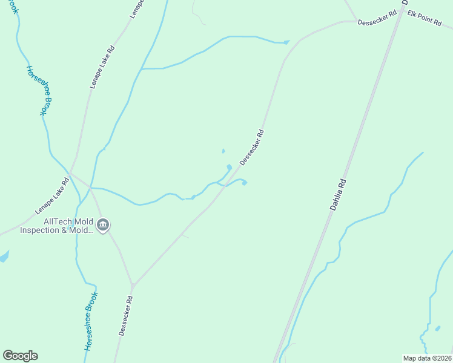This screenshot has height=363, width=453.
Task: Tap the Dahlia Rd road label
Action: [338, 194]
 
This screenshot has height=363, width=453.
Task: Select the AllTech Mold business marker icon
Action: [102, 226]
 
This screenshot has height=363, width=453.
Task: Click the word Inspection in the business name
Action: [44, 231]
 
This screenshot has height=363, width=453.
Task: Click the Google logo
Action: [20, 356]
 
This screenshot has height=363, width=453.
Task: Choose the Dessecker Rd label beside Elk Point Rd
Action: [377, 18]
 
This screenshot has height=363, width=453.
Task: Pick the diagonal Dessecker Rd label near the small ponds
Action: [252, 147]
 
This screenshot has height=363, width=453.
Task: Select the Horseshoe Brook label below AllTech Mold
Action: [90, 322]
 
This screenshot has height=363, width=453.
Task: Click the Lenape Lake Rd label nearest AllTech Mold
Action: [52, 196]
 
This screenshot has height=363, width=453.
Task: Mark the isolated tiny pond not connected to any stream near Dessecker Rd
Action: [223, 151]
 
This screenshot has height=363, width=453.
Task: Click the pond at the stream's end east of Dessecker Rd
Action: [244, 183]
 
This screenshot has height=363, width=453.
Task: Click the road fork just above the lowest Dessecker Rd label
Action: [133, 284]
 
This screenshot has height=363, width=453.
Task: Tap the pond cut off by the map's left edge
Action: [3, 257]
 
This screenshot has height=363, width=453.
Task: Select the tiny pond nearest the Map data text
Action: [437, 329]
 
